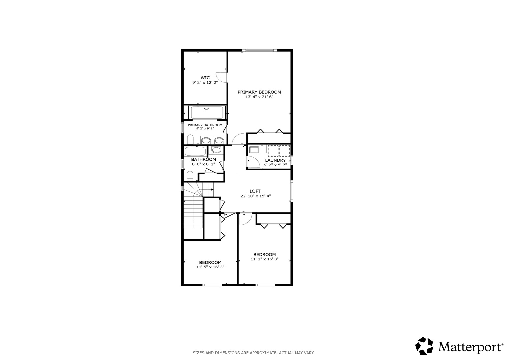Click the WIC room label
click(x=205, y=78)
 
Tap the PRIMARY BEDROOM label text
click(x=259, y=92)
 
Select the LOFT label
click(x=255, y=191)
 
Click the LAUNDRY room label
click(x=275, y=160)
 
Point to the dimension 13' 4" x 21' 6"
click(x=259, y=97)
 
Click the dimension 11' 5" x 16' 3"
click(x=210, y=267)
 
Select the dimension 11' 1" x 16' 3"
click(x=264, y=259)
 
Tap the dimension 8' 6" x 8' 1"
click(x=203, y=164)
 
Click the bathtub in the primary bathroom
click(x=207, y=112)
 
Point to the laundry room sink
click(x=254, y=150)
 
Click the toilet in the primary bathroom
click(x=190, y=139)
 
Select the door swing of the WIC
click(x=221, y=77)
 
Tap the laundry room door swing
click(x=254, y=162)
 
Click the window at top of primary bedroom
click(x=259, y=50)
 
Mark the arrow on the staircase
click(x=208, y=189)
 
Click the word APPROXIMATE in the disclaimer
click(x=263, y=353)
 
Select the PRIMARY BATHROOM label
click(x=205, y=125)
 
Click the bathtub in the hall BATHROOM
click(x=195, y=151)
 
